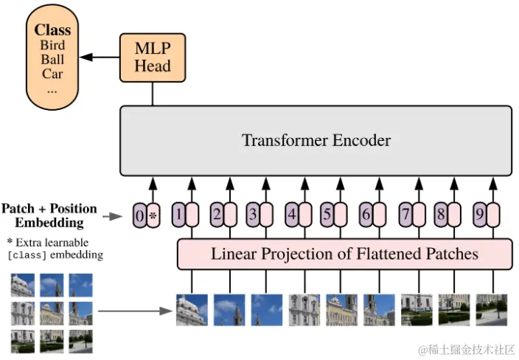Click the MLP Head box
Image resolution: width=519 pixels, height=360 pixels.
coord(153,58)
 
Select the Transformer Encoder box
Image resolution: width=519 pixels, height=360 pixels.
coord(316,140)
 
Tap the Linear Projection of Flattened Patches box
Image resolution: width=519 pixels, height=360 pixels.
coord(344,255)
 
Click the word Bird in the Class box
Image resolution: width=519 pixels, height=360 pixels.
coord(52,46)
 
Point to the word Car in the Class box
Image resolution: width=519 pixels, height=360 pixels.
coord(52,74)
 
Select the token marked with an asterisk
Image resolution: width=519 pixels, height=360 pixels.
coord(153,215)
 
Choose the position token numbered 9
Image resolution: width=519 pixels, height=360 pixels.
coord(479,215)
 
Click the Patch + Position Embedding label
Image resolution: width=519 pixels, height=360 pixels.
coord(49,215)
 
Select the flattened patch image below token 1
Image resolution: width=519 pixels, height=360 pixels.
coord(192,310)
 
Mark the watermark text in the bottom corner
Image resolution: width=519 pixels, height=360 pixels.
coord(466,350)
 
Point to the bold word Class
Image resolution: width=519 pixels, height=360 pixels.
coord(52,30)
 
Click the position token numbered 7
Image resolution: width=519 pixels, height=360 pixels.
coord(404,215)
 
